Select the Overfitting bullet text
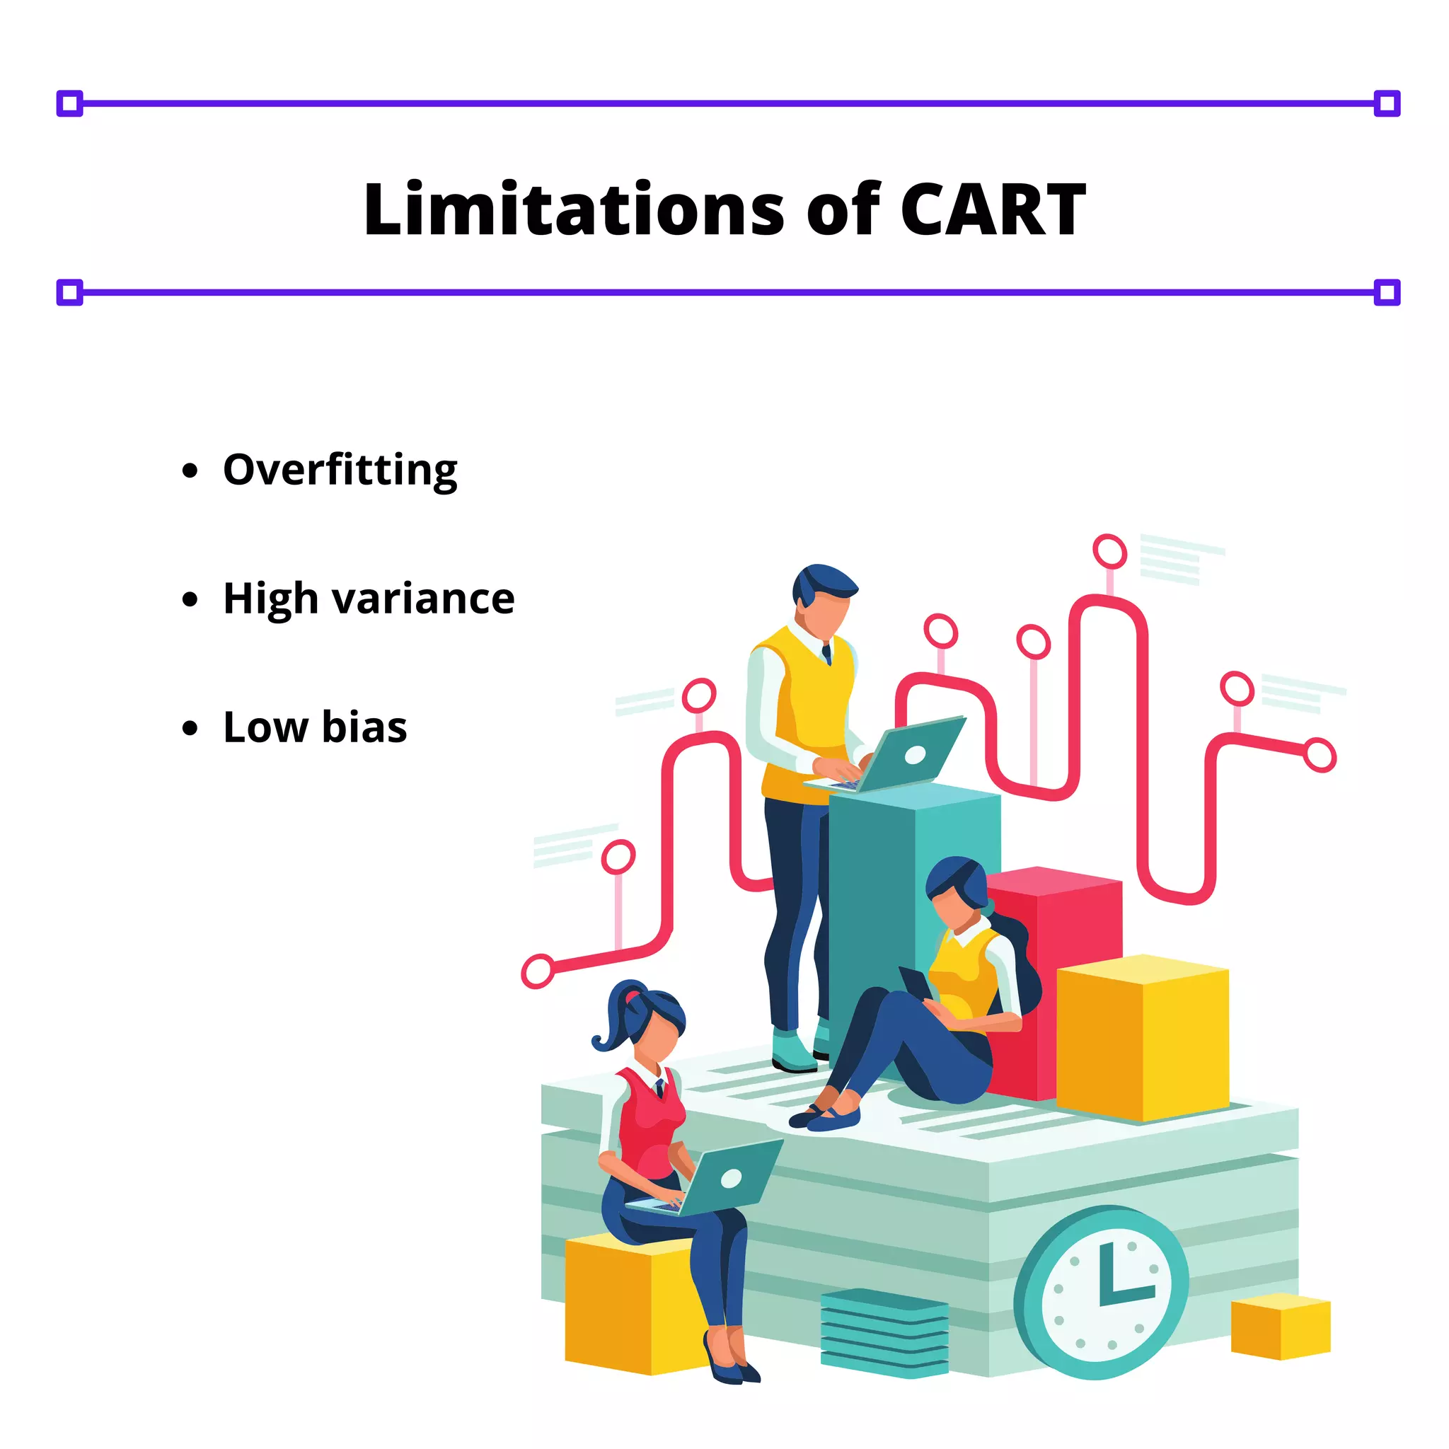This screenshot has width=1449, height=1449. [340, 471]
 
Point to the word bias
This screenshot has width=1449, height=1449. [364, 727]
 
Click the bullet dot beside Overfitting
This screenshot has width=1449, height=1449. [190, 471]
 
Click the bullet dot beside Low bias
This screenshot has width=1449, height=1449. [190, 727]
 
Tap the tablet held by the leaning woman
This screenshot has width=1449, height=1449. [916, 983]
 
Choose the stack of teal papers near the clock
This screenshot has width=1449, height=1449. [884, 1332]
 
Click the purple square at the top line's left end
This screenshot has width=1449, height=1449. [70, 103]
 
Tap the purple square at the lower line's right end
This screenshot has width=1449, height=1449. [1387, 291]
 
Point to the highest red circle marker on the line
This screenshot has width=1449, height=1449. [1109, 551]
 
